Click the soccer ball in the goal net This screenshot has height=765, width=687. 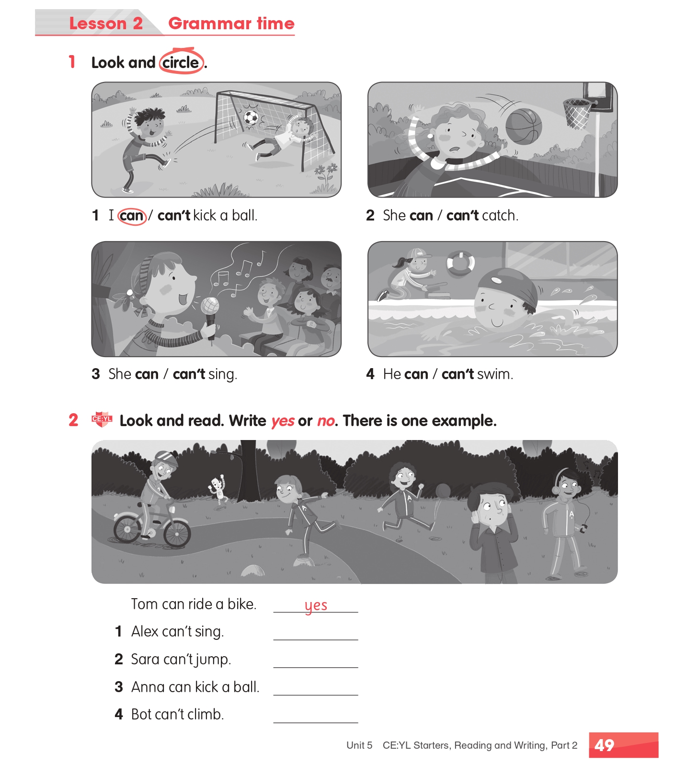pyautogui.click(x=250, y=117)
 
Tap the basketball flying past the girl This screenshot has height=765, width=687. pyautogui.click(x=524, y=126)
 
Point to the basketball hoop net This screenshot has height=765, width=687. pyautogui.click(x=578, y=114)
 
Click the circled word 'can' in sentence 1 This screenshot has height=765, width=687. pyautogui.click(x=132, y=216)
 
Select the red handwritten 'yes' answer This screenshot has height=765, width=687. pyautogui.click(x=316, y=606)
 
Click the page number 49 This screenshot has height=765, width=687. pyautogui.click(x=604, y=745)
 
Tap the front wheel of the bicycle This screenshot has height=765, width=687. pyautogui.click(x=177, y=534)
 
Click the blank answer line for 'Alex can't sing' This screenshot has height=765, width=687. pyautogui.click(x=316, y=639)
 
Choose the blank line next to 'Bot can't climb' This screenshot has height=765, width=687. pyautogui.click(x=316, y=722)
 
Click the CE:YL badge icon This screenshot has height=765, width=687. pyautogui.click(x=102, y=419)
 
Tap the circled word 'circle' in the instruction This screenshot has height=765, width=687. pyautogui.click(x=181, y=62)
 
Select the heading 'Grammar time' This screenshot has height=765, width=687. pyautogui.click(x=231, y=23)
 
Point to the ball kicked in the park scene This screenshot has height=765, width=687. pyautogui.click(x=443, y=491)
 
